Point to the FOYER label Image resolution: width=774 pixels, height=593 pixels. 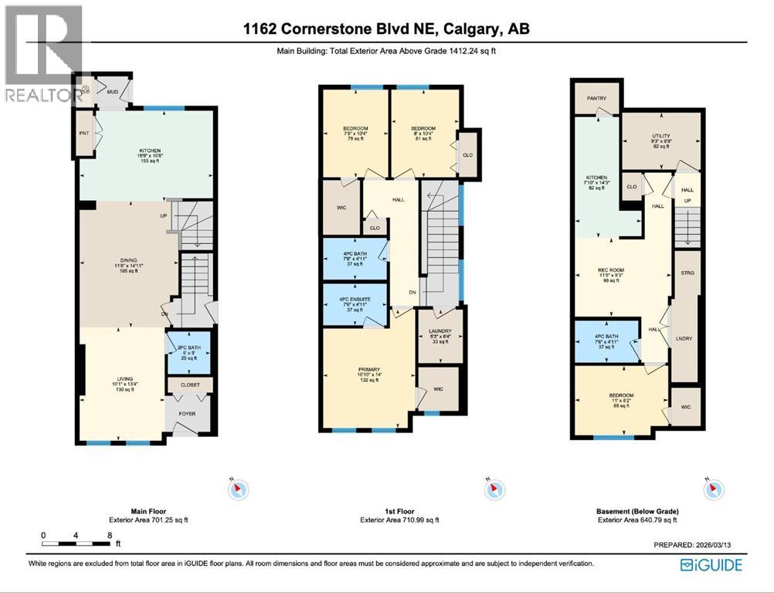click(x=187, y=414)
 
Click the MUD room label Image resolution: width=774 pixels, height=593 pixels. click(x=112, y=90)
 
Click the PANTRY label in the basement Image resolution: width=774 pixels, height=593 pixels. click(x=596, y=98)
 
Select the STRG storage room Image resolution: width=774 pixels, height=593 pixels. click(x=685, y=273)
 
